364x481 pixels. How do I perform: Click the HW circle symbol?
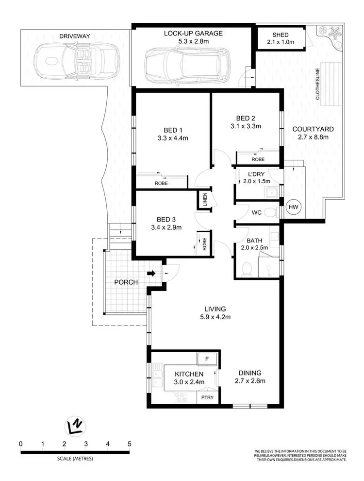[x=293, y=207]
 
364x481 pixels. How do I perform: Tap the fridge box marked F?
[x=207, y=359]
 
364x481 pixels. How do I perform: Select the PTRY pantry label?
[x=207, y=397]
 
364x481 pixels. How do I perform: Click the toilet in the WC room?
[x=275, y=212]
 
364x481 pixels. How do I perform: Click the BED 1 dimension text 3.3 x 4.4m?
[x=172, y=138]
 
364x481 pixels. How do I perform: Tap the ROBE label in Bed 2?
[x=258, y=159]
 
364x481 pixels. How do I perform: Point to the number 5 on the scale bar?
[x=129, y=444]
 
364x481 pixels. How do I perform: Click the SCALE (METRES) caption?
[x=74, y=459]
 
